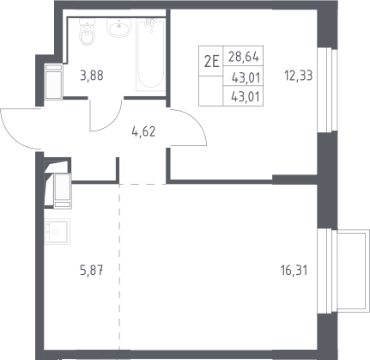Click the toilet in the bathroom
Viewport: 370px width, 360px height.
click(87, 32)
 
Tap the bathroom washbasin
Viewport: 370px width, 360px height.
click(119, 27)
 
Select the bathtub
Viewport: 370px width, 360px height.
click(150, 54)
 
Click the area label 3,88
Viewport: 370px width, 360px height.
click(92, 76)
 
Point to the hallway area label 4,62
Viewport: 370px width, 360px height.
click(143, 131)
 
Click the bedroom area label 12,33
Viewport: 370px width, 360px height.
click(298, 76)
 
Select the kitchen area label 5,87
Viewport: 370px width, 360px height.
click(92, 270)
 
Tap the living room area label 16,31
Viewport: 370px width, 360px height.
click(294, 270)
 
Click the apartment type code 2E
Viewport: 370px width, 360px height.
click(211, 62)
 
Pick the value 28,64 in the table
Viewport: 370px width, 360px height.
click(244, 57)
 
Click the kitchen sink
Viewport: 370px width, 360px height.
click(58, 231)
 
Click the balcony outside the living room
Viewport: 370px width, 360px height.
click(353, 272)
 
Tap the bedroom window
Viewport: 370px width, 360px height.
click(328, 89)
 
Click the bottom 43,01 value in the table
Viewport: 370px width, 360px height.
click(246, 97)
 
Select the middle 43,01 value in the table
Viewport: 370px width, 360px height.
click(246, 78)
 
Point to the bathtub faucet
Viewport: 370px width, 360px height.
click(150, 23)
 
